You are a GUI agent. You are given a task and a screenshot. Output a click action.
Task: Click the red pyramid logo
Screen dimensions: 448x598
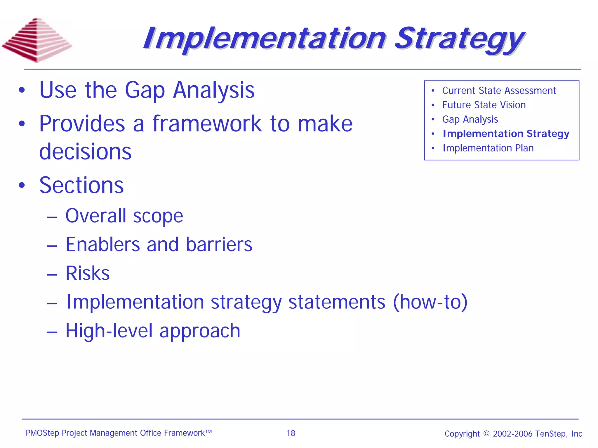37,40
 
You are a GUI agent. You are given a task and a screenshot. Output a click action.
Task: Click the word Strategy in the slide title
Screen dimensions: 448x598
459,39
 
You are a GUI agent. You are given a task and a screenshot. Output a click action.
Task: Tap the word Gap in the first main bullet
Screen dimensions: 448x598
145,90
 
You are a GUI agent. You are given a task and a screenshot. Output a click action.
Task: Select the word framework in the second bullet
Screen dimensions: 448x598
207,124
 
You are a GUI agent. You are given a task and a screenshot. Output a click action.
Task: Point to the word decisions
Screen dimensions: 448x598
85,152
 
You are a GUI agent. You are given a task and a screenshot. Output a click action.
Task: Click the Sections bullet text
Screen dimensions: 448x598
81,185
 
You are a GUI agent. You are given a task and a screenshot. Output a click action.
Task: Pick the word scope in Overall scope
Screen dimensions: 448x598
158,216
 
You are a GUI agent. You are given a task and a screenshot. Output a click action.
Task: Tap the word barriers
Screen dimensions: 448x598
219,244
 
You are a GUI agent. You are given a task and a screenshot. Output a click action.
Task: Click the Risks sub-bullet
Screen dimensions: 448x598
87,273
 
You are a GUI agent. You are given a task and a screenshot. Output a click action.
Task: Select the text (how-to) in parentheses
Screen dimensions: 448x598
430,302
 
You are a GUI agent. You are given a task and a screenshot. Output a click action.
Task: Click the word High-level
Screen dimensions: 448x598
109,331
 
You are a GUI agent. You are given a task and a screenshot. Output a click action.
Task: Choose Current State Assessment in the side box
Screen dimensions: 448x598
499,91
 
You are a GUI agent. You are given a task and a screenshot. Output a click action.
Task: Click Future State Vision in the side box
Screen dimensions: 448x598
484,105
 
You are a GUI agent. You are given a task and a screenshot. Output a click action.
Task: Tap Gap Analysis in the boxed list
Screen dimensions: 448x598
470,119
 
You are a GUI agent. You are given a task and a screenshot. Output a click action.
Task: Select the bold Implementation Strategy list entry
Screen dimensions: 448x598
506,133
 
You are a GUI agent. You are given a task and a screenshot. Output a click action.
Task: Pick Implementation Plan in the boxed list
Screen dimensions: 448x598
488,148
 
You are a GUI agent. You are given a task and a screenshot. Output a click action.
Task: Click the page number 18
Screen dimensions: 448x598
291,433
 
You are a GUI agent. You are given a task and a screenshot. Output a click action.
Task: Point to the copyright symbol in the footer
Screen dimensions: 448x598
486,434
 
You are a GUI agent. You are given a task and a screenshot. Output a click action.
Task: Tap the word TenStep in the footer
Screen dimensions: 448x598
550,434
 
